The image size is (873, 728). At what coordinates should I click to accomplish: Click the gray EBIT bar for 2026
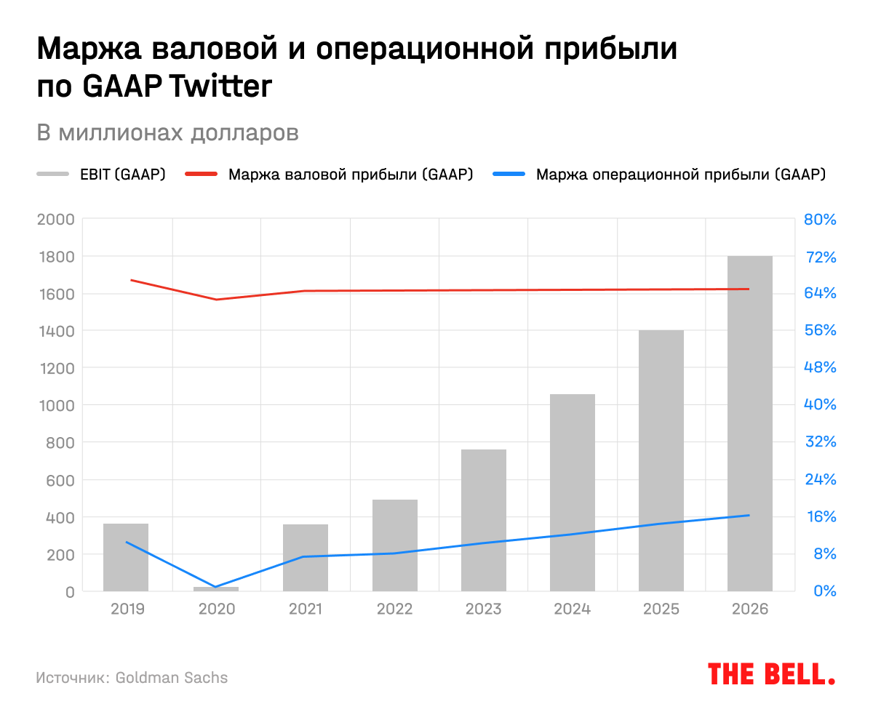(749, 423)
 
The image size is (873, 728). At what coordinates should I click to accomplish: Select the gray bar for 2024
(572, 492)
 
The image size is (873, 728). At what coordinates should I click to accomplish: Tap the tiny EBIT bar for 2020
(216, 588)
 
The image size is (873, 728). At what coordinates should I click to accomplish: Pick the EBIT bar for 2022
(394, 545)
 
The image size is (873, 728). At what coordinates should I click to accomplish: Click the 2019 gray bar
(126, 557)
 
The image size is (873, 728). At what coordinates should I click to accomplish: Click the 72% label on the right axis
(820, 257)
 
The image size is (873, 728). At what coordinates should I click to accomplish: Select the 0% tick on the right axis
(824, 591)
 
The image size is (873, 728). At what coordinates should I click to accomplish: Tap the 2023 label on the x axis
(483, 609)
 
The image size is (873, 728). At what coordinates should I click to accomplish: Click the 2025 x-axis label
(661, 609)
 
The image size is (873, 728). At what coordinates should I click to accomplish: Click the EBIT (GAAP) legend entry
(102, 175)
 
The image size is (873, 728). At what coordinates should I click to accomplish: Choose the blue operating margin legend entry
(659, 175)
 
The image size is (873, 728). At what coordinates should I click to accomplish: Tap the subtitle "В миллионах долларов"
(167, 135)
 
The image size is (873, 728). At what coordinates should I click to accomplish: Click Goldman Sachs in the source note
(172, 678)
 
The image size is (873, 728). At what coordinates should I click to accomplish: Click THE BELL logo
(771, 674)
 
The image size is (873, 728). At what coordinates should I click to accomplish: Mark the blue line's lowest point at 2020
(216, 587)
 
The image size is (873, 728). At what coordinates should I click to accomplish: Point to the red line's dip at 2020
(216, 300)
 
